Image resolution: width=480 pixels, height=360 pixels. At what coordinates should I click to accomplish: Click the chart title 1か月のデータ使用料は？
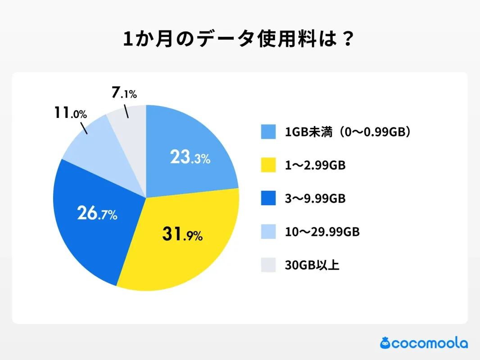point(240,40)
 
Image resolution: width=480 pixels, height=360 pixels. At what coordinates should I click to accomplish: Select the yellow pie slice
point(180,252)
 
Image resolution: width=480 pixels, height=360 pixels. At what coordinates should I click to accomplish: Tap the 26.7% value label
point(97,213)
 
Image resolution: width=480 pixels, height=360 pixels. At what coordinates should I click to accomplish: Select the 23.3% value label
point(190,157)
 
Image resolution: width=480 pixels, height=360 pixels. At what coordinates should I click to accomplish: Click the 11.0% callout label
point(70,113)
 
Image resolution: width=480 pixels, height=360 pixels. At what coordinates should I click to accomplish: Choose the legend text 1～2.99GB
point(315,166)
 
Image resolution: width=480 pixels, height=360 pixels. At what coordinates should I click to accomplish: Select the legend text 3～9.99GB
point(315,199)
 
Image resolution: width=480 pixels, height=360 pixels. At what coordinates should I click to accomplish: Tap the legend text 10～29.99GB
point(322,232)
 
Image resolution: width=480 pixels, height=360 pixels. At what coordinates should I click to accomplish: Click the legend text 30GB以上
point(312,265)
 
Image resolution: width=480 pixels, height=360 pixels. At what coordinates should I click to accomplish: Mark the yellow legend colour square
point(268,166)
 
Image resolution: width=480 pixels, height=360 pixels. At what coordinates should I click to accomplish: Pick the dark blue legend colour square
point(268,199)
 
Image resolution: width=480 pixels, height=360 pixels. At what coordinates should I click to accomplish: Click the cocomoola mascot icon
point(385,343)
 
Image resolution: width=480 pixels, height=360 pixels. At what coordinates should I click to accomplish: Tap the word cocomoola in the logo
point(430,344)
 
